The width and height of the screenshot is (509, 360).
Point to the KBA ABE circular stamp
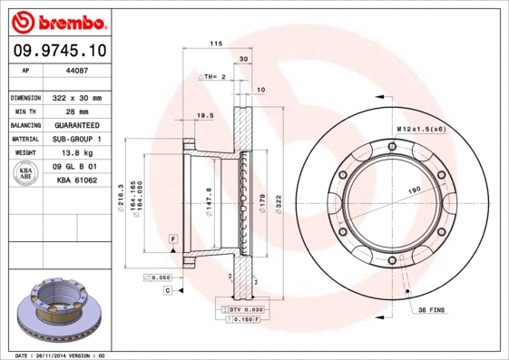point(25,173)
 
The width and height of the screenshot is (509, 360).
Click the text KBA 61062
point(75,181)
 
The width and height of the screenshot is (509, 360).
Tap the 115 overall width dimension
point(216,44)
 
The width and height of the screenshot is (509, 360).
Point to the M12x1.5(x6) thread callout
point(421,130)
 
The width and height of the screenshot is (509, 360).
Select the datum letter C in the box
point(168,289)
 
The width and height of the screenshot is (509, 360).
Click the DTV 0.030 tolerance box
point(240,310)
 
